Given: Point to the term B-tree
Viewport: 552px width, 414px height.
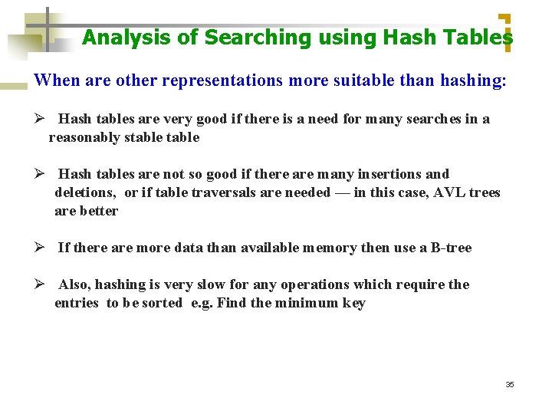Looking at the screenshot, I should pos(452,248).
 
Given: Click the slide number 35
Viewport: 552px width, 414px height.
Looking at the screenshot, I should pos(510,384).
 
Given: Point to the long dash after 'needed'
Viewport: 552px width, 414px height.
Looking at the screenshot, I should pos(342,192).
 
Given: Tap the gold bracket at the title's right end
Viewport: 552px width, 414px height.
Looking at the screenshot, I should pos(505,33).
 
